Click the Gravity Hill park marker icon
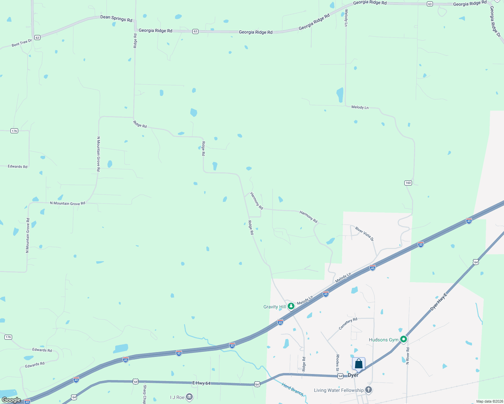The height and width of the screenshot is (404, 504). point(291,306)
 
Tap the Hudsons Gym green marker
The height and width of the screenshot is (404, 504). point(403,339)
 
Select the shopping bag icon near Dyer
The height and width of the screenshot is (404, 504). point(358,364)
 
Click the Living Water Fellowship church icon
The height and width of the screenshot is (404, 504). point(369,390)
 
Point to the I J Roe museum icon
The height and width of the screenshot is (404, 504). point(189,397)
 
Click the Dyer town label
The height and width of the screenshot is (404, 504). point(353,375)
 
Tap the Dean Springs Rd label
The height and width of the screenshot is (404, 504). point(116,19)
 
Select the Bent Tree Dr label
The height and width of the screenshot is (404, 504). point(22,43)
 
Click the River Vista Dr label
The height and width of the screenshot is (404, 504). point(365,234)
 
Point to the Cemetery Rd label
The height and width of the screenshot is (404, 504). point(348,324)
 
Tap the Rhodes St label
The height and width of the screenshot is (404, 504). point(337,363)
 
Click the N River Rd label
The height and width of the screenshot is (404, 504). point(408,356)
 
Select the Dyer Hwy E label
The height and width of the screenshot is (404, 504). point(438,302)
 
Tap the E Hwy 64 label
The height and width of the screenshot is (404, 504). point(201,383)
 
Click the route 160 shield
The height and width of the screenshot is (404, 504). point(408,183)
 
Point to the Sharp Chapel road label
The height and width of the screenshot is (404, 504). point(145,395)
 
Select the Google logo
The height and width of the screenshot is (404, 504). point(11,400)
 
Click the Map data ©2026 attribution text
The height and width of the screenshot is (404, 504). point(489,401)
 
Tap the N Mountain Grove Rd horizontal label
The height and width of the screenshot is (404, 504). point(67,203)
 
